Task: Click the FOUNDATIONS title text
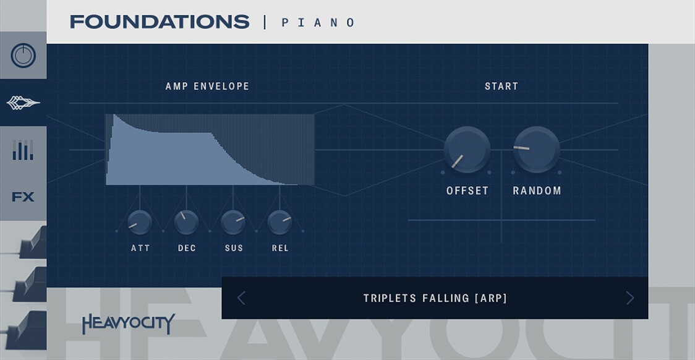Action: point(159,22)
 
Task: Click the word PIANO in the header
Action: point(318,23)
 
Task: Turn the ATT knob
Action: point(140,223)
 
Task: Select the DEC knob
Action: point(186,223)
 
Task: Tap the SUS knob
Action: point(233,223)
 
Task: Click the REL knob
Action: point(279,223)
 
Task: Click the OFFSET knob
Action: point(467,150)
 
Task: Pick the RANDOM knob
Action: point(537,150)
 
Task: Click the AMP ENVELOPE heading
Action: point(207,87)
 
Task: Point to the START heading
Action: point(501,87)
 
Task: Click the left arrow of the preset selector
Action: point(241,298)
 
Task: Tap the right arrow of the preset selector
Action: point(629,298)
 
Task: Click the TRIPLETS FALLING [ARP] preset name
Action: point(435,298)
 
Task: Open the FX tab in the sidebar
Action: point(23,197)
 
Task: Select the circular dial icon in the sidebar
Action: point(23,56)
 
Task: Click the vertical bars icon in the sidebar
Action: point(23,150)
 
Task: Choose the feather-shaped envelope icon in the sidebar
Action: point(23,103)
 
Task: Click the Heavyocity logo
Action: point(128,324)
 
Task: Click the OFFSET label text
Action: point(467,191)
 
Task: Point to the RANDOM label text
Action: point(537,191)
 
